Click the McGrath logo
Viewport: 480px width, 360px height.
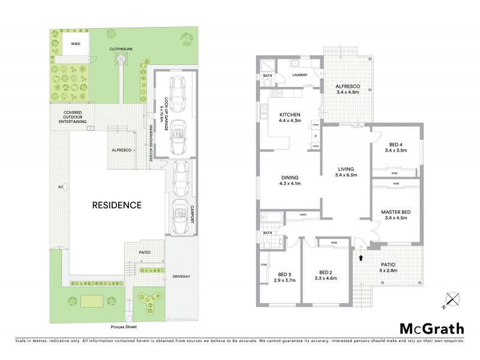(x=431, y=328)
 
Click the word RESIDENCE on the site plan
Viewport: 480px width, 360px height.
(x=116, y=205)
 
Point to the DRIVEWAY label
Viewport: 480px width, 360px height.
(x=181, y=276)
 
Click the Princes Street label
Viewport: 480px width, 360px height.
(x=123, y=328)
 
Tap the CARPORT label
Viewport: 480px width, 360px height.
(x=193, y=214)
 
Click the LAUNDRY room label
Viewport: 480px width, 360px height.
(x=299, y=76)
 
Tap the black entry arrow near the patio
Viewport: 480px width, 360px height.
(x=361, y=257)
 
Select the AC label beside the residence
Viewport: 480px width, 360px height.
(x=60, y=187)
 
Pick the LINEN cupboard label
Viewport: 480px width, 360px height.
(x=304, y=214)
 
